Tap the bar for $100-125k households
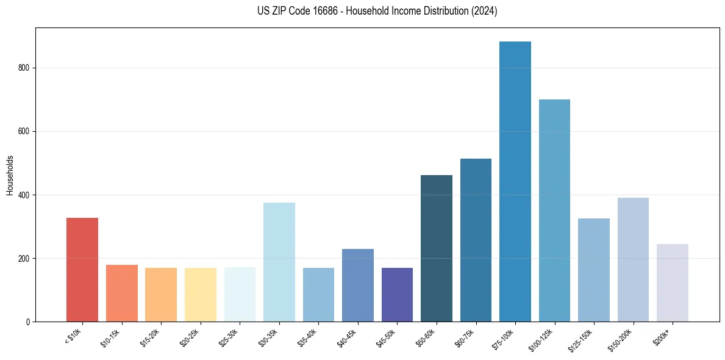554,211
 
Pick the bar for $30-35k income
279,262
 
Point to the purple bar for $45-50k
397,295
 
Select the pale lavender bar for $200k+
673,283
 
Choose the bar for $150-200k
633,260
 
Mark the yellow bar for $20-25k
201,295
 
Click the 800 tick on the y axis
24,68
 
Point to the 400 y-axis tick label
24,195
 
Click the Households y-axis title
10,175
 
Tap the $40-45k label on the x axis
347,337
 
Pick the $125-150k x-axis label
581,339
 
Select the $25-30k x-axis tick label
229,337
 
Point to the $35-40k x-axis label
307,337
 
